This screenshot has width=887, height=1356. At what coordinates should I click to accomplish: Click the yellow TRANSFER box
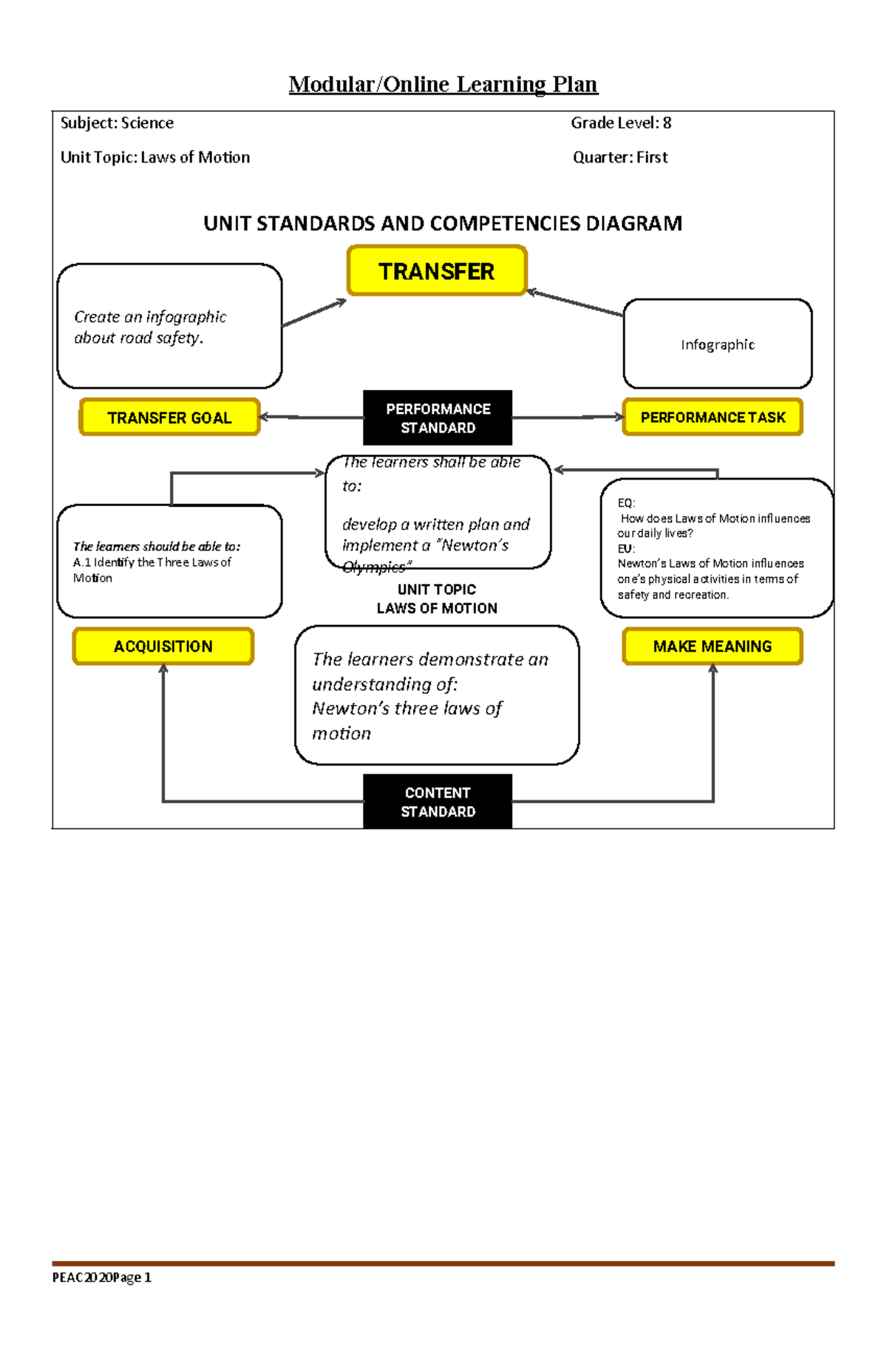click(436, 271)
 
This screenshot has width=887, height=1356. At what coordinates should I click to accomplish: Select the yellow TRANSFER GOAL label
click(169, 418)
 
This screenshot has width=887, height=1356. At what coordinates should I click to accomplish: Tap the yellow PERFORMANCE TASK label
click(713, 418)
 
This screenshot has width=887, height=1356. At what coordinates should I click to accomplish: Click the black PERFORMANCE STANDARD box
click(438, 418)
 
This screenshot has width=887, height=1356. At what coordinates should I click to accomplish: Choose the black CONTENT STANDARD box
click(438, 802)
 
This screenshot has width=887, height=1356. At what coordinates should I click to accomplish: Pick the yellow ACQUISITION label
click(163, 647)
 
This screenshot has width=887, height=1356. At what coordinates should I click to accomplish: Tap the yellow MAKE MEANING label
click(713, 647)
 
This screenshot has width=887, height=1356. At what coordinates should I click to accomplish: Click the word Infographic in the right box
click(718, 344)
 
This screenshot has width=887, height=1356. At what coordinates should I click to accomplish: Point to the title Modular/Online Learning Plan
click(443, 84)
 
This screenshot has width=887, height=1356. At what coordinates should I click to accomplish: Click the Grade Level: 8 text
click(621, 123)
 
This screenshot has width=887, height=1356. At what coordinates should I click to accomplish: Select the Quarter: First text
click(620, 157)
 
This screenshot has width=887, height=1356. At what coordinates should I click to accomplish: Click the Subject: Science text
click(117, 123)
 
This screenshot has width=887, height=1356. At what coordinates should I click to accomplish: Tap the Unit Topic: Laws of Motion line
click(155, 157)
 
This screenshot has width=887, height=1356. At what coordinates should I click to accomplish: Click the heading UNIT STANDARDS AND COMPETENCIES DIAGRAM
click(443, 223)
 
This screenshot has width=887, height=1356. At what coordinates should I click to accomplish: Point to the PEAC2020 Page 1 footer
click(101, 1277)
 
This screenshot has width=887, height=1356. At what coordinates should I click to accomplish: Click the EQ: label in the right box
click(626, 502)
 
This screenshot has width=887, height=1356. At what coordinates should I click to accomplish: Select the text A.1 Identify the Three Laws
click(152, 562)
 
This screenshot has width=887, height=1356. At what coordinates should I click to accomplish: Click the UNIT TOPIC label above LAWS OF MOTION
click(437, 590)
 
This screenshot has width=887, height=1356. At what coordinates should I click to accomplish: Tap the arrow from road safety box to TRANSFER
click(314, 313)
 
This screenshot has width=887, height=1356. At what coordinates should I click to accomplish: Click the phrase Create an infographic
click(150, 316)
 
